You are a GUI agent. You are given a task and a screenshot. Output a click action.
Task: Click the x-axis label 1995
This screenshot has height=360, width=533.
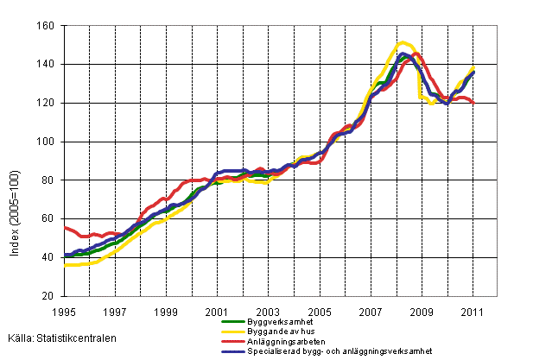[64, 311]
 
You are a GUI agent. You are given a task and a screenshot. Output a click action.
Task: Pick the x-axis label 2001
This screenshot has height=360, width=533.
[216, 311]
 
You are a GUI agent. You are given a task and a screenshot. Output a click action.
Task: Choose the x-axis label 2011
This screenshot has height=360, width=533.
[473, 311]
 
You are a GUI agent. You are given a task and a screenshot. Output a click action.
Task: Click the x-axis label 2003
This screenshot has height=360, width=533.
[268, 311]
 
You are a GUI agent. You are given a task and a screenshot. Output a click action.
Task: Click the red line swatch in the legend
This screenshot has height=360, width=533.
[224, 341]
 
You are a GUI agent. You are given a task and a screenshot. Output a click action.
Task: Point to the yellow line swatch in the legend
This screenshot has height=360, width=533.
[224, 332]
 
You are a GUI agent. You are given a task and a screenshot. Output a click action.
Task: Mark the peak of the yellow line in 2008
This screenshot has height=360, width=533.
[403, 41]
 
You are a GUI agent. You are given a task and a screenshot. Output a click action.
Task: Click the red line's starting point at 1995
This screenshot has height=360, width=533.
[65, 227]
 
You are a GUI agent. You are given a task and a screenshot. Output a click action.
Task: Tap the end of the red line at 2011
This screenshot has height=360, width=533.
[473, 103]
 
